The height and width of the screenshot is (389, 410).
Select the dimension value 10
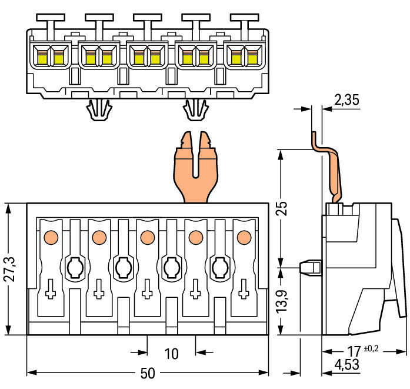point(171,354)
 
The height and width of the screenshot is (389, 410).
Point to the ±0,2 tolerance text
point(372,347)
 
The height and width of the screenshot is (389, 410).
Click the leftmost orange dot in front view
point(51,237)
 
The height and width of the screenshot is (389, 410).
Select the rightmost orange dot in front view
point(242,237)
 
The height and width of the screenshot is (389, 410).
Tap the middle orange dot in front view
point(146,237)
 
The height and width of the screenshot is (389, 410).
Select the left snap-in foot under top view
point(99,109)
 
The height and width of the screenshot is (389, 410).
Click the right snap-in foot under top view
point(196,109)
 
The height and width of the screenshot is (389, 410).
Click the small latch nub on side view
point(310,267)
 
